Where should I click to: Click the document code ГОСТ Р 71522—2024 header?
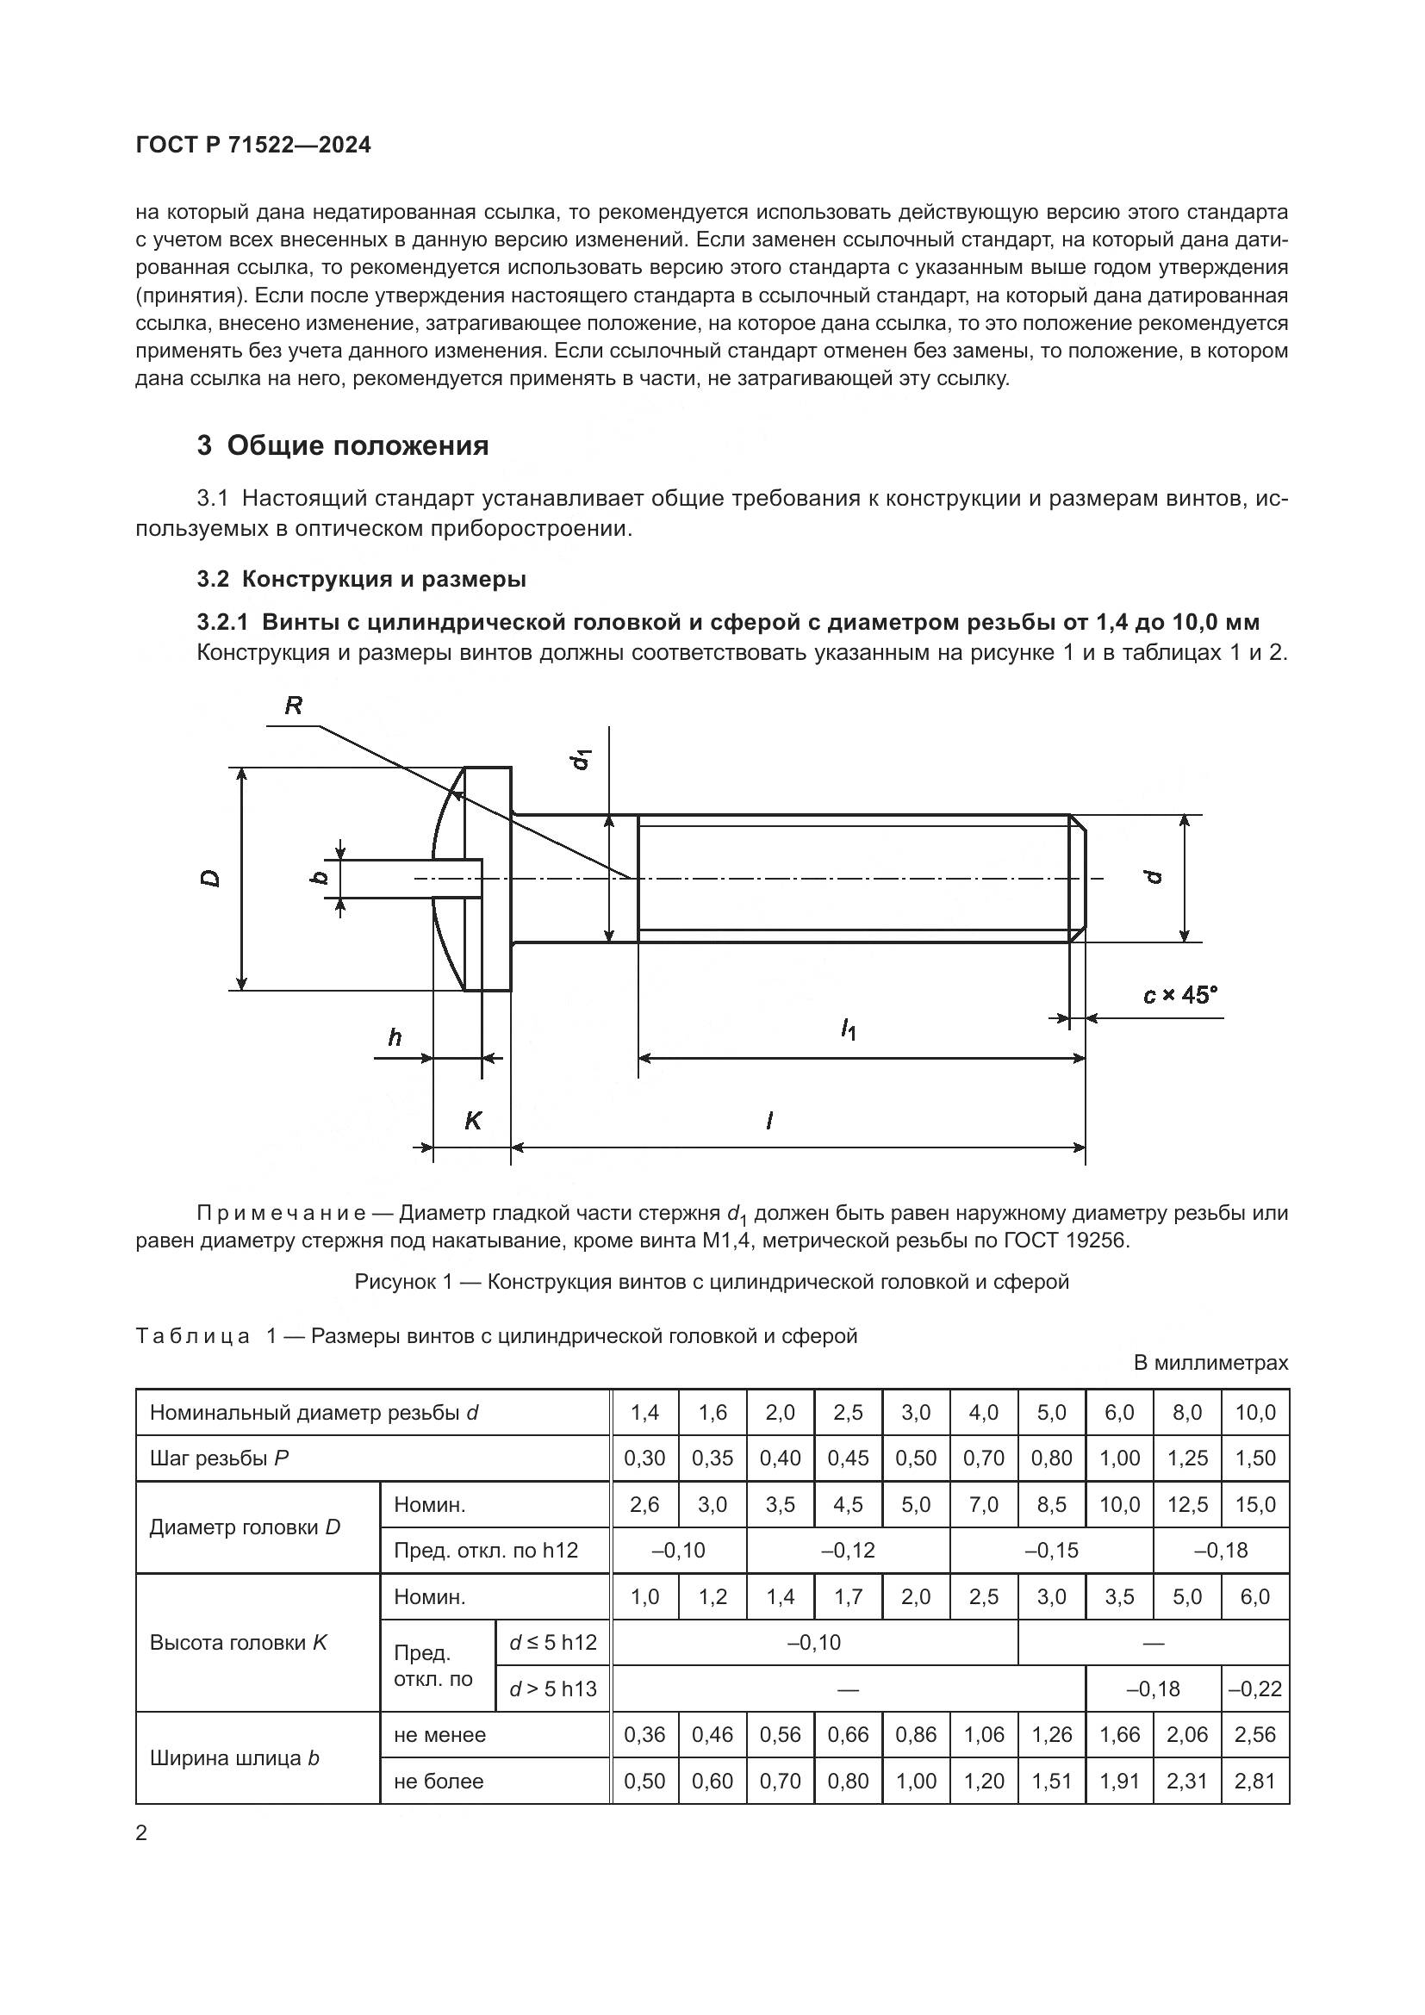pyautogui.click(x=253, y=146)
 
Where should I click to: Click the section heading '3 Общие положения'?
pyautogui.click(x=342, y=446)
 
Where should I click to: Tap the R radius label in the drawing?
pyautogui.click(x=294, y=706)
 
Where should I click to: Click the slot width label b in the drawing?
pyautogui.click(x=320, y=877)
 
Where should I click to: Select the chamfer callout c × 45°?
pyautogui.click(x=1180, y=995)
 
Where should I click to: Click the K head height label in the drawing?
pyautogui.click(x=473, y=1121)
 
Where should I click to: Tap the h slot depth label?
pyautogui.click(x=395, y=1038)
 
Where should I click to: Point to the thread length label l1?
pyautogui.click(x=848, y=1029)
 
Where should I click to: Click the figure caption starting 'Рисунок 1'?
pyautogui.click(x=712, y=1282)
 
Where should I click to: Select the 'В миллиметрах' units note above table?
pyautogui.click(x=1210, y=1363)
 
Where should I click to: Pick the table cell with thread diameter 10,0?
pyautogui.click(x=1255, y=1413)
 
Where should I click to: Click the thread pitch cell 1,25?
pyautogui.click(x=1187, y=1458)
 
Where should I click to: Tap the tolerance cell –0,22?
pyautogui.click(x=1255, y=1688)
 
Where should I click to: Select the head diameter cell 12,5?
pyautogui.click(x=1187, y=1505)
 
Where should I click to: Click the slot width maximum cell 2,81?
pyautogui.click(x=1255, y=1782)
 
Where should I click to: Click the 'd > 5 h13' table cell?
pyautogui.click(x=553, y=1688)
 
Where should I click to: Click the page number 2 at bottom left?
pyautogui.click(x=141, y=1833)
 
